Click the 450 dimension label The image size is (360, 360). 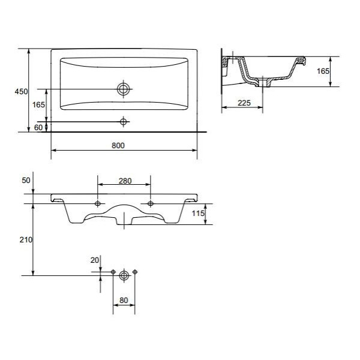point(21,92)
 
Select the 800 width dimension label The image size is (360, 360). point(118,146)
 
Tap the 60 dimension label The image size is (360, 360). point(38,127)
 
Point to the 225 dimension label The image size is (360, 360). point(244,103)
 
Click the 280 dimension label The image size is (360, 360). point(125,181)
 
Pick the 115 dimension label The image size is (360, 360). point(198,214)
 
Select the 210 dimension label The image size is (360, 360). point(26,240)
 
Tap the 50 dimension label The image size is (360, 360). point(26,181)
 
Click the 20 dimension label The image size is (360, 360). point(95,260)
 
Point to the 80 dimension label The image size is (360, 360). point(124,301)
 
